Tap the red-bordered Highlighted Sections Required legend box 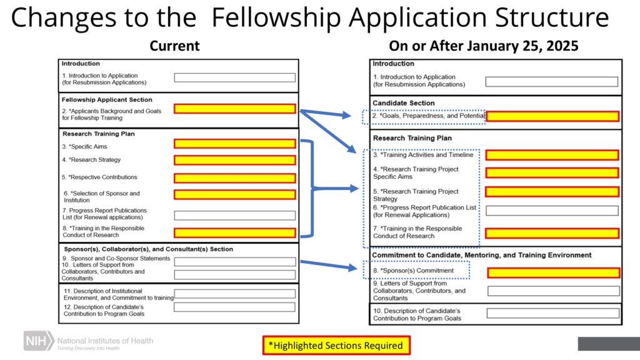[x=336, y=345]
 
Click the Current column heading [x=174, y=46]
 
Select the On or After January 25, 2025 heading [x=483, y=46]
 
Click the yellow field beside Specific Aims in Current [x=234, y=144]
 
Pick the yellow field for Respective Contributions [x=234, y=177]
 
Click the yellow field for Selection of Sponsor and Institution [x=234, y=194]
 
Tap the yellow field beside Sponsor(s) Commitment [x=553, y=272]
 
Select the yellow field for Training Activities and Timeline [x=552, y=155]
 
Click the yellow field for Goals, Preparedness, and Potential [x=552, y=116]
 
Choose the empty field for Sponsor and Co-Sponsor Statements [x=234, y=261]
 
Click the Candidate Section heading [x=404, y=103]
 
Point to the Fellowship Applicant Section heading [x=107, y=99]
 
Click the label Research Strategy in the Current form [x=92, y=160]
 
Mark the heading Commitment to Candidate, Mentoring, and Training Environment [x=482, y=255]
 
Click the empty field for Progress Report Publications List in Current [x=234, y=215]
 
